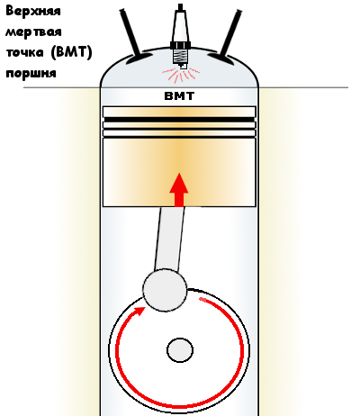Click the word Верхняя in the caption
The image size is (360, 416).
point(33,12)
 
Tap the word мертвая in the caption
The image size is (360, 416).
point(33,32)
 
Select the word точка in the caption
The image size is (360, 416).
point(24,53)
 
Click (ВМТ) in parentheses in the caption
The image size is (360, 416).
point(71,53)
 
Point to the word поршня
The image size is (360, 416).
point(31,74)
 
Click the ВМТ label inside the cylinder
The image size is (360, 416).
point(179,96)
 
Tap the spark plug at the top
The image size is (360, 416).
point(180,36)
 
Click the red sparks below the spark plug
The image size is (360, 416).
point(181,75)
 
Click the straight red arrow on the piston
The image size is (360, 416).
point(179,190)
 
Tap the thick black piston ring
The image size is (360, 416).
point(179,120)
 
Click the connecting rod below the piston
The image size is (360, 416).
point(169,240)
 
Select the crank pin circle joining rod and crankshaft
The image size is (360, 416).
point(165,290)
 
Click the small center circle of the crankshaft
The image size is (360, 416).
point(180,350)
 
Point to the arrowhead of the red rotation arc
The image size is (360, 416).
point(139,312)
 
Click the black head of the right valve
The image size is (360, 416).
point(220,59)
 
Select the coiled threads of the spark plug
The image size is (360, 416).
point(180,56)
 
